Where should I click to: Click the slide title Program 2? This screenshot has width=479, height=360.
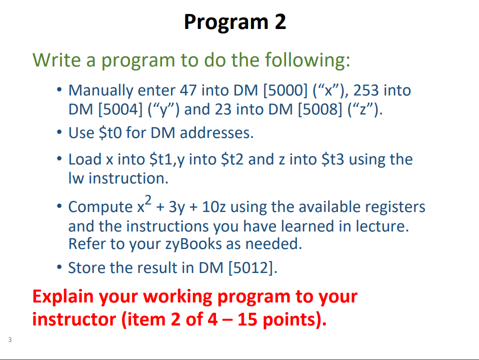[235, 22]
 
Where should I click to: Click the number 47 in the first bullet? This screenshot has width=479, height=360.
[187, 90]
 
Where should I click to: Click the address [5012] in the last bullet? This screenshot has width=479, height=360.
[252, 267]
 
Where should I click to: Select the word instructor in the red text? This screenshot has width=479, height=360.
[73, 319]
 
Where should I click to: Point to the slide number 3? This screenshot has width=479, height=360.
[9, 340]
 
